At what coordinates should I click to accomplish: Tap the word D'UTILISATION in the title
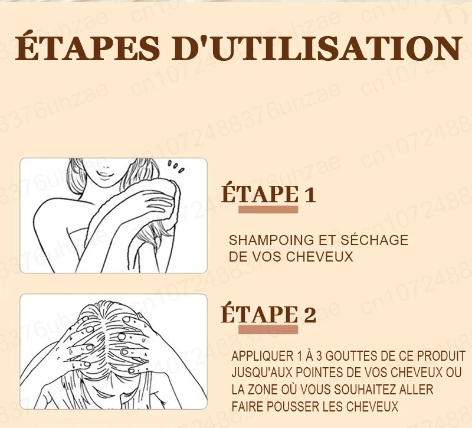tap(317, 48)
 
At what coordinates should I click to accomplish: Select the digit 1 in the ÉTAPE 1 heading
tap(310, 195)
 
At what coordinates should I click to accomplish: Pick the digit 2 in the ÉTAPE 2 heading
tap(310, 315)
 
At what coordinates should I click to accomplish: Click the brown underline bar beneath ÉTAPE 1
tap(268, 210)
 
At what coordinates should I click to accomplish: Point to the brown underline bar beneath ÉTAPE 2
tap(268, 329)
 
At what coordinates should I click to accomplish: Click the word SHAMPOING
tap(271, 240)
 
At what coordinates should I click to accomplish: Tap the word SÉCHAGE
tap(374, 240)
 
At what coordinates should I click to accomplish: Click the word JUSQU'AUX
tap(262, 373)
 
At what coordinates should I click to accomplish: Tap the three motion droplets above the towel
tap(176, 166)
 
